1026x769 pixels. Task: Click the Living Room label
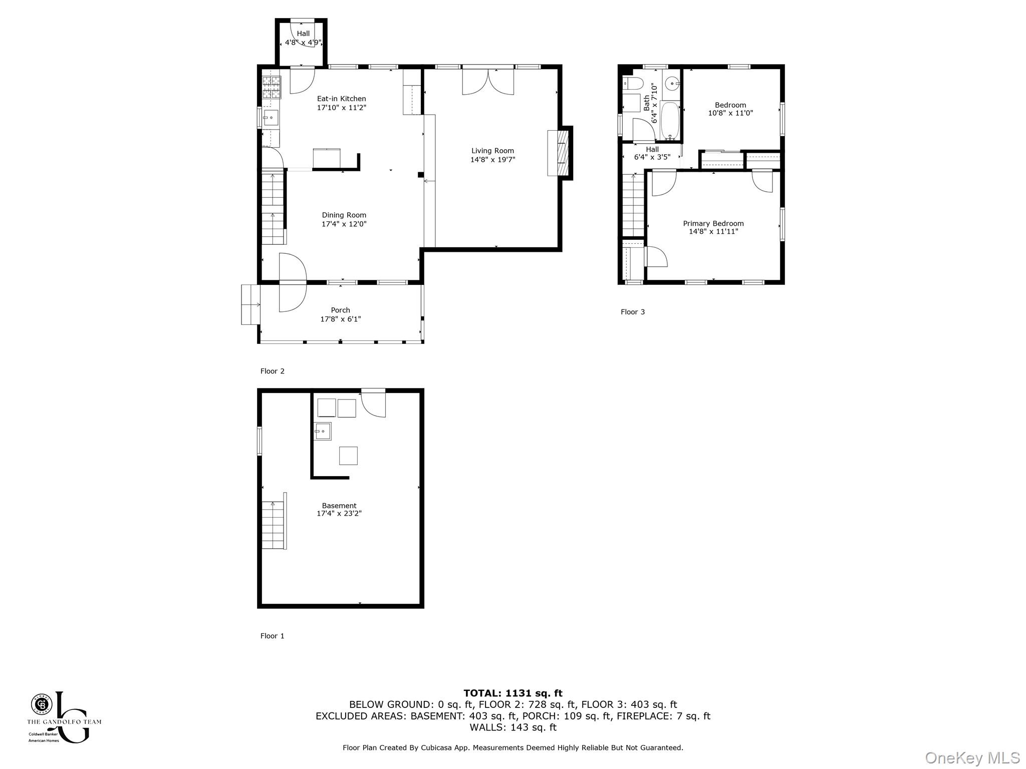(492, 151)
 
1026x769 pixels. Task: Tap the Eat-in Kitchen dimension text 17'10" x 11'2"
(342, 108)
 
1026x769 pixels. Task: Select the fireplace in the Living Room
(560, 153)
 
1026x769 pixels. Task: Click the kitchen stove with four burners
(271, 87)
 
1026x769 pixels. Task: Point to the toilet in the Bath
(633, 83)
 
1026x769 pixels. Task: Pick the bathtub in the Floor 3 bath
(670, 121)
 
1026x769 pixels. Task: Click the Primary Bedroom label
(713, 223)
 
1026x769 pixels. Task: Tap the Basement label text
(339, 506)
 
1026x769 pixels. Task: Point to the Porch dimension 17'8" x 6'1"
(341, 319)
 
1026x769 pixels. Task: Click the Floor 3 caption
(633, 312)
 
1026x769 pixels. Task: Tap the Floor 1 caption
(272, 636)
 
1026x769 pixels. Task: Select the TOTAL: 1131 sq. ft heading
(512, 693)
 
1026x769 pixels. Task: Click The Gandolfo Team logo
(64, 716)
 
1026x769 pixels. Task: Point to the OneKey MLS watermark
(972, 757)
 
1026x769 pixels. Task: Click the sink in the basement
(322, 431)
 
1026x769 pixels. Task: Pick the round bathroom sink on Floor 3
(672, 83)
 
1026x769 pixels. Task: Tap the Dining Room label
(344, 215)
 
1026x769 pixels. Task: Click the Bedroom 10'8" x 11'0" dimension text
(730, 113)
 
